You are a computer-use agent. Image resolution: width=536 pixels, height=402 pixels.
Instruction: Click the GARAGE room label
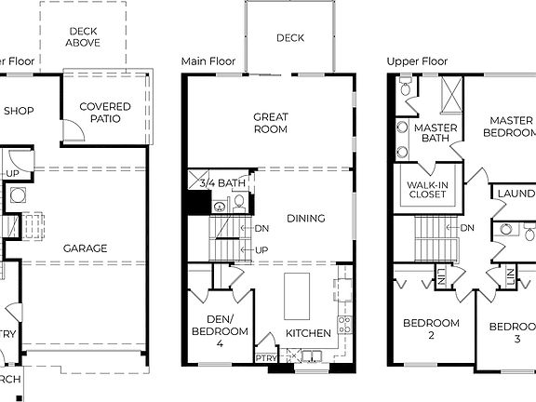pos(85,248)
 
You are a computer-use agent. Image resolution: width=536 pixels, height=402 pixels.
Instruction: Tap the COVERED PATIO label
pos(104,114)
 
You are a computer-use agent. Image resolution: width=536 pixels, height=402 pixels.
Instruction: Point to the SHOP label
pos(19,112)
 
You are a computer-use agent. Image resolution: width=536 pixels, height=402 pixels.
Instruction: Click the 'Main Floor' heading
pos(206,61)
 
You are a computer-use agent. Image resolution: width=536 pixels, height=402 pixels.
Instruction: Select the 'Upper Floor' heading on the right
pos(417,61)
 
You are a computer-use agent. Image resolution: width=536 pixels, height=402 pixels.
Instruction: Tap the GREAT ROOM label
pos(271,124)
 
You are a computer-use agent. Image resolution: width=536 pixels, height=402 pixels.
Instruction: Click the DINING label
pos(306,219)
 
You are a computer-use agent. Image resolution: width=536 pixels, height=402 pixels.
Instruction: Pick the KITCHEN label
pos(308,332)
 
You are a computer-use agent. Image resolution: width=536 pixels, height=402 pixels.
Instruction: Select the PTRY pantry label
pos(265,357)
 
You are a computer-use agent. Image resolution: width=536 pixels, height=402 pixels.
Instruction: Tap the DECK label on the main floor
pos(290,38)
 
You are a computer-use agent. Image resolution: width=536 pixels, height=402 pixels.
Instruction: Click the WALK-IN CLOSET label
pos(425,191)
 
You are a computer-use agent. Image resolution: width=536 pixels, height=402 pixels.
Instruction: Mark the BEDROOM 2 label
pos(431,329)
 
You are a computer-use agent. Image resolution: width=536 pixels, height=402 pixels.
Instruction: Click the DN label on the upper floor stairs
pos(467,227)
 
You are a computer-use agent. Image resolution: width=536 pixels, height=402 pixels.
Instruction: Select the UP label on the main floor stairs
pos(261,250)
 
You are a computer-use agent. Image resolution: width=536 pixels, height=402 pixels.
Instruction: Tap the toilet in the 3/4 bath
pos(237,201)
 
